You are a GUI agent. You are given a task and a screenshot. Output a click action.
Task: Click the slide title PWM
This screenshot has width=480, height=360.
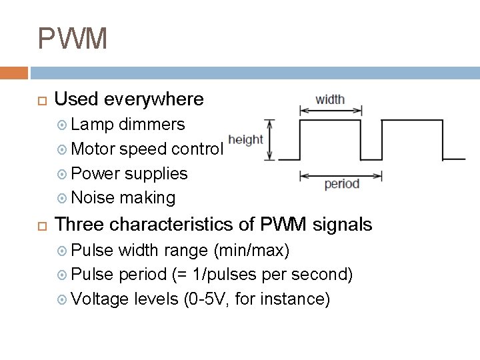pyautogui.click(x=72, y=39)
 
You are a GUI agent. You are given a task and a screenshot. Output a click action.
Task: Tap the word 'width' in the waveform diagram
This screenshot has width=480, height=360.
pyautogui.click(x=330, y=99)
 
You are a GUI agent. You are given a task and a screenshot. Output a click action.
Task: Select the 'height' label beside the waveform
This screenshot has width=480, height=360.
pyautogui.click(x=245, y=140)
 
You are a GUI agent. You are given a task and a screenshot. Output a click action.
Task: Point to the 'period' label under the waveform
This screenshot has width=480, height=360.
pyautogui.click(x=341, y=184)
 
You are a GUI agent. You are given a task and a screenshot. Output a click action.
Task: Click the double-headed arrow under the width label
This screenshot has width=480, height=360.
pyautogui.click(x=330, y=110)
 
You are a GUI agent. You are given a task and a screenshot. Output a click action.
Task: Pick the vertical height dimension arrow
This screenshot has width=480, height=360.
pyautogui.click(x=270, y=140)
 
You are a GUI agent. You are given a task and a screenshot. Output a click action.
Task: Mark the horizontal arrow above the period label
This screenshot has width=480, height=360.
pyautogui.click(x=341, y=176)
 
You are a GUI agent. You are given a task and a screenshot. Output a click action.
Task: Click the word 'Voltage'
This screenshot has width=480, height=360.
pyautogui.click(x=99, y=299)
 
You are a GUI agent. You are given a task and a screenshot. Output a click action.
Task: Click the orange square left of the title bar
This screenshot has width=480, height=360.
pyautogui.click(x=13, y=72)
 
